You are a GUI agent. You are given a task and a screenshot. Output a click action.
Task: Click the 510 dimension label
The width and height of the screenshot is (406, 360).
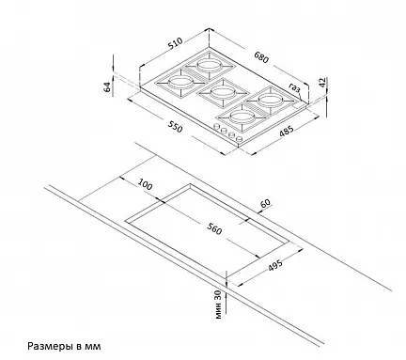click(x=176, y=43)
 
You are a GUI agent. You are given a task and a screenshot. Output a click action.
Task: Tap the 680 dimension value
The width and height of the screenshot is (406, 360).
click(x=261, y=57)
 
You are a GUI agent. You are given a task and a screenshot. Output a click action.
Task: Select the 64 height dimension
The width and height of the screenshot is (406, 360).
click(x=107, y=86)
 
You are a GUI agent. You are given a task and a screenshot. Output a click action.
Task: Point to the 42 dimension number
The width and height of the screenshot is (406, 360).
click(x=322, y=83)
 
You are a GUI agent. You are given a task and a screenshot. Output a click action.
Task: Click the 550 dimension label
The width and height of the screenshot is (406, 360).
click(x=175, y=127)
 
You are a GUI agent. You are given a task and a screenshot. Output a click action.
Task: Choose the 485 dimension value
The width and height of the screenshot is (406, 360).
click(x=287, y=131)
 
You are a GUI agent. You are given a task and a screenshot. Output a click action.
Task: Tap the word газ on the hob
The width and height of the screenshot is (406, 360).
click(x=294, y=87)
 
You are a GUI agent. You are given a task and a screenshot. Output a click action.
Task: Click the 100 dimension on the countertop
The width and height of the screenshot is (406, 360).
click(x=145, y=184)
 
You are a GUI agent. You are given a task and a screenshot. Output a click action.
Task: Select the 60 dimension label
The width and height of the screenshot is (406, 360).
click(x=265, y=203)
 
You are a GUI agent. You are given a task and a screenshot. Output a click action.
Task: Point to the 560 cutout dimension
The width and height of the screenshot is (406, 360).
click(x=214, y=229)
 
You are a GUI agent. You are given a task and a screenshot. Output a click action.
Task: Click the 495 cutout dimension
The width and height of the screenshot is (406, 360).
click(x=275, y=265)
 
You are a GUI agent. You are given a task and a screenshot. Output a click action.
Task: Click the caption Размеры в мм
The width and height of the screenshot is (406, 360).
click(x=64, y=346)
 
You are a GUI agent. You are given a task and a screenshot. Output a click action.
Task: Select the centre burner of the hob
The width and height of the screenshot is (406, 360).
click(x=222, y=92)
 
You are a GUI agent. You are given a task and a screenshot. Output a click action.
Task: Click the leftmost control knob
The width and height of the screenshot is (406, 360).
click(x=216, y=126)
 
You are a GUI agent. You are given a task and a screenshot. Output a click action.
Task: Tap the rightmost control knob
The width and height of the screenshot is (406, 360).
click(x=239, y=139)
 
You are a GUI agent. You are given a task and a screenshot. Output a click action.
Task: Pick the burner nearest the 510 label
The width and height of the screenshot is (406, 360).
click(x=209, y=66)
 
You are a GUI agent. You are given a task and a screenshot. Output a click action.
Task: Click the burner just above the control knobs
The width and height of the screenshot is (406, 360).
click(x=242, y=117)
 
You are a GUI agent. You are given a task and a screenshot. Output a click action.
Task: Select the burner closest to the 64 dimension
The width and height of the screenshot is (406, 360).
click(x=180, y=83)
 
